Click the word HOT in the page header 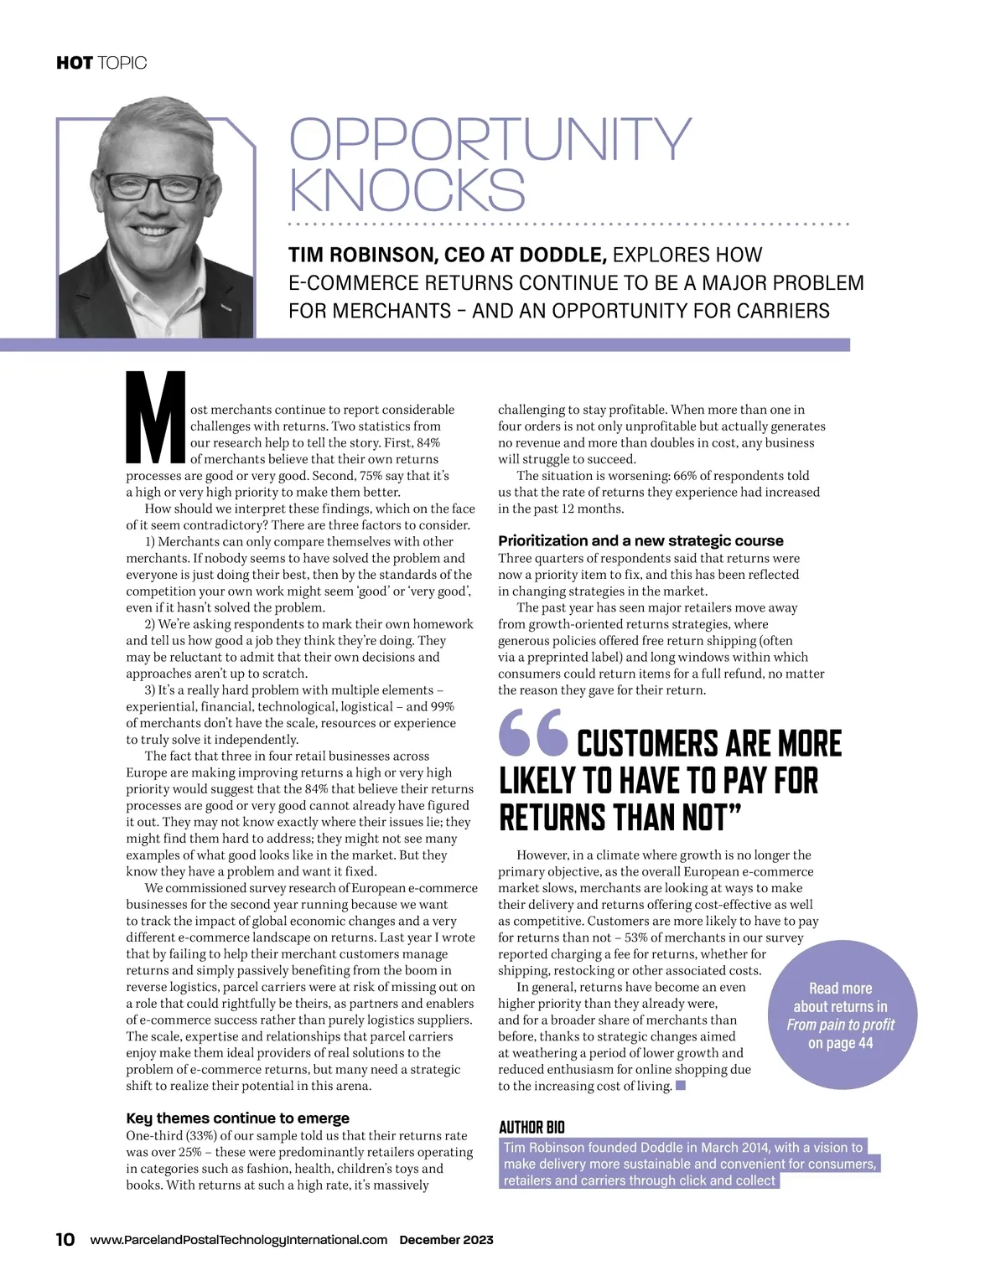coord(74,63)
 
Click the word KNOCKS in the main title coord(407,190)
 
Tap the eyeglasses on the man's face coord(153,187)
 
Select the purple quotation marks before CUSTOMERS coord(532,733)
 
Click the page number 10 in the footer coord(65,1240)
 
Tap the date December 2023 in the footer coord(446,1240)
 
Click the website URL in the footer coord(239,1240)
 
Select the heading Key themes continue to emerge coord(237,1118)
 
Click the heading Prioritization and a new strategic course coord(640,541)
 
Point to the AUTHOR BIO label coord(532,1128)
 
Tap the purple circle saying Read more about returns coord(841,1015)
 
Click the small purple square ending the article coord(681,1087)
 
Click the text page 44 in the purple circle coord(841,1043)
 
